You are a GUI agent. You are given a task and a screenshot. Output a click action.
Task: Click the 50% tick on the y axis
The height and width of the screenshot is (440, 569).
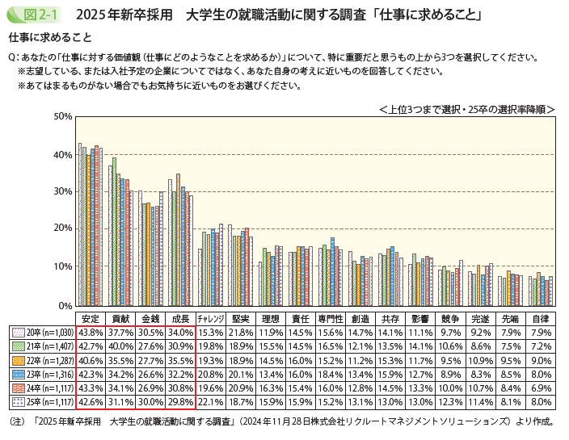(63, 116)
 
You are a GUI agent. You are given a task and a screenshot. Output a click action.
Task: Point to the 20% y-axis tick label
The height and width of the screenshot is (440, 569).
(63, 229)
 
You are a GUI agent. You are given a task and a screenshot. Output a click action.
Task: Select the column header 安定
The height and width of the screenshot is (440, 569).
(91, 318)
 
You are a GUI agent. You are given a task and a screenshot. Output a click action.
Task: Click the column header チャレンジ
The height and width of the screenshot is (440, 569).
(210, 318)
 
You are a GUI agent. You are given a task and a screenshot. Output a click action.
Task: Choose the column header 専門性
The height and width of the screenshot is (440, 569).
(331, 318)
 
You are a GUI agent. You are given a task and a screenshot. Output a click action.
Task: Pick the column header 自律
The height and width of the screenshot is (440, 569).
(542, 318)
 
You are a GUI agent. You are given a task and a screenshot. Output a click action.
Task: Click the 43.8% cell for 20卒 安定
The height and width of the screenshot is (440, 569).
(91, 332)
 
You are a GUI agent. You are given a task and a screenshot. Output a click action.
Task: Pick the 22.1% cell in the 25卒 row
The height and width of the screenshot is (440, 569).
(210, 401)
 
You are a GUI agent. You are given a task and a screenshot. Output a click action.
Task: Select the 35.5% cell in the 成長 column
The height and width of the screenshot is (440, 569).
(179, 360)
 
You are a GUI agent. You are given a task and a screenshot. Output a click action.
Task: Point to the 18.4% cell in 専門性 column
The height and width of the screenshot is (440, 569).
(331, 374)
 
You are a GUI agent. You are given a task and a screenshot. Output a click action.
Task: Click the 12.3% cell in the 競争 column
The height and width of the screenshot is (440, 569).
(451, 401)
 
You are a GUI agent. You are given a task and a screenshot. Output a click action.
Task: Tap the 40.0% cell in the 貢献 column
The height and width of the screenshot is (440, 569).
(121, 346)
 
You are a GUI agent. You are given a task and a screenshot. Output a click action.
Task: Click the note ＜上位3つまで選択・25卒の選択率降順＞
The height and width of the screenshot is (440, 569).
(466, 107)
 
